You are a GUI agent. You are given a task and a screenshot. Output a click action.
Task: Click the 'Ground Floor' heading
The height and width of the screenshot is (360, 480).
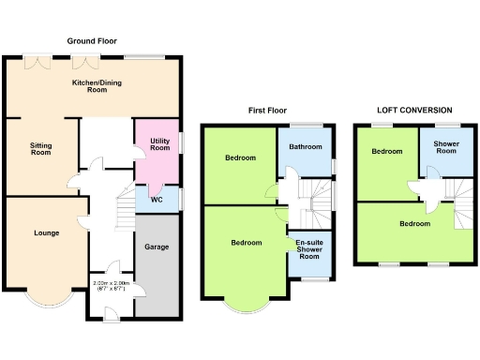(91, 41)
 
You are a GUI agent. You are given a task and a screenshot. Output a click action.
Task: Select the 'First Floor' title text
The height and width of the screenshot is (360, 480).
(267, 110)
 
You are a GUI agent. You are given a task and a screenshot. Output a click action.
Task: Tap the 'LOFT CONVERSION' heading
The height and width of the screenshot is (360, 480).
(414, 110)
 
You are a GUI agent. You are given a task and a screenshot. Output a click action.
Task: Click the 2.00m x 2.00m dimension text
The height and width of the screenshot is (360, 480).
(111, 285)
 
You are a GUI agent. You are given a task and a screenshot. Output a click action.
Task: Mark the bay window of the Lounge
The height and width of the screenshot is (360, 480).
(47, 301)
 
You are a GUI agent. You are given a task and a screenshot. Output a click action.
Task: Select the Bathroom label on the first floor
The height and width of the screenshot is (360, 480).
(306, 147)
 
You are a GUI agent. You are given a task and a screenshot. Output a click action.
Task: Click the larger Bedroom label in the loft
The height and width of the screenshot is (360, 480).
(414, 224)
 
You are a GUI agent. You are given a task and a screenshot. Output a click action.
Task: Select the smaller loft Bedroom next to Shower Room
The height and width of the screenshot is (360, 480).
(385, 151)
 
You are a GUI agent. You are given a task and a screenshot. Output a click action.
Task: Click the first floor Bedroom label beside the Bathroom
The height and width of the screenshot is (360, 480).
(240, 157)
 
